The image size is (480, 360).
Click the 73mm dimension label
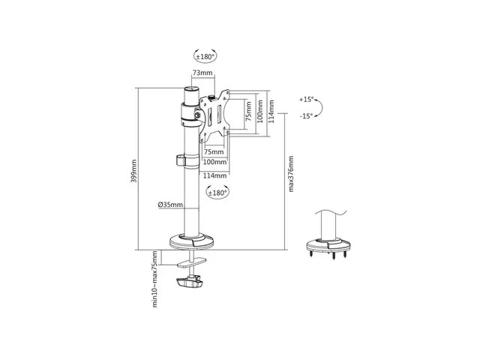[202, 73]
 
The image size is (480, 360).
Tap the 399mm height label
[133, 171]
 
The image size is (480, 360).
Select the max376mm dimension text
[291, 174]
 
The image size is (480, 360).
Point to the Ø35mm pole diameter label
[170, 205]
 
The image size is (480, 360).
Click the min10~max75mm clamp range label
[155, 279]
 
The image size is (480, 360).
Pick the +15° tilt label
[307, 100]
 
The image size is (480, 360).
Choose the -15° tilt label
[307, 116]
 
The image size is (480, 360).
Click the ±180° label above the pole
[205, 57]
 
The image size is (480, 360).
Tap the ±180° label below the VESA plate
[217, 193]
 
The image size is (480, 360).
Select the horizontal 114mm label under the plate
[215, 175]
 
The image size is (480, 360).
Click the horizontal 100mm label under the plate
[215, 162]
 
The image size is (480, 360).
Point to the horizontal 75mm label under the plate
[214, 151]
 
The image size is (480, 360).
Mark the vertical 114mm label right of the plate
[271, 112]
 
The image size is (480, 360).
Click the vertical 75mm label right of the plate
[248, 112]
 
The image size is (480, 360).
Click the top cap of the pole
[191, 90]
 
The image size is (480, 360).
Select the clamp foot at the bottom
[190, 282]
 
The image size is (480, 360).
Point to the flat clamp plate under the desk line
[192, 263]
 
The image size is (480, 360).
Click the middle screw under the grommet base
[333, 256]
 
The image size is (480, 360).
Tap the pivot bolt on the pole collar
[196, 115]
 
